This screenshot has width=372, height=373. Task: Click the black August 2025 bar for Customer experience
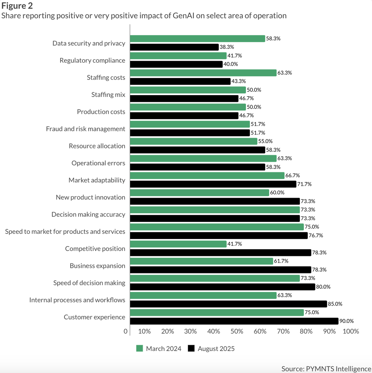click(234, 321)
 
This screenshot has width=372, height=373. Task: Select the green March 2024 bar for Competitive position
click(178, 244)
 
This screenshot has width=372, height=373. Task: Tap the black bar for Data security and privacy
click(174, 47)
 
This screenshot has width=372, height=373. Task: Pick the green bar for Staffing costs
click(203, 73)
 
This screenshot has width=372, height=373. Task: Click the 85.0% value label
click(335, 304)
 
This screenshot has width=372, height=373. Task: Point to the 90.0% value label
click(347, 321)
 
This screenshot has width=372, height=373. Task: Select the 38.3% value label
click(227, 47)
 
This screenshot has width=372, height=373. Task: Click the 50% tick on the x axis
click(237, 331)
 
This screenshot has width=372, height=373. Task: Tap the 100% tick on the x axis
click(351, 331)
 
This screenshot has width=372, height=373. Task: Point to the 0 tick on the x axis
click(126, 331)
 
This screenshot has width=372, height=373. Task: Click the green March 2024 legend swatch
click(139, 348)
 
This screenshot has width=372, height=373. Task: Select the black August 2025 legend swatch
click(191, 348)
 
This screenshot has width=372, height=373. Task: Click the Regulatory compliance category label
click(92, 60)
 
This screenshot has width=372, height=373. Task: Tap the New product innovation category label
click(90, 197)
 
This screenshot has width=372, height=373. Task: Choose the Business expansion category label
click(97, 266)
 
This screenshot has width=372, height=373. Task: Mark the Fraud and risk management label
click(86, 129)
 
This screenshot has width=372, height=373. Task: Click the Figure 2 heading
click(17, 6)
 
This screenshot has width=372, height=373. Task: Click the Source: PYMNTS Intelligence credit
click(326, 369)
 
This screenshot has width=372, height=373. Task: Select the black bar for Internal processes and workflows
click(228, 304)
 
